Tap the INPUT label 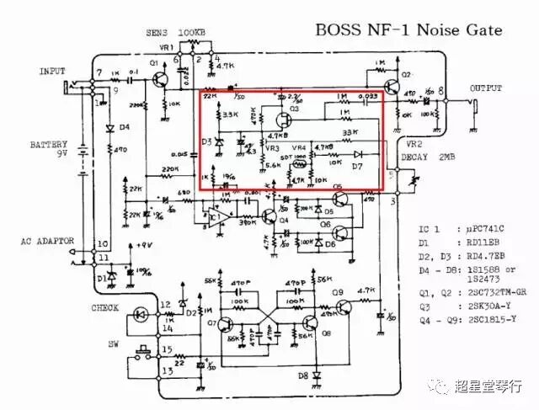(x=52, y=72)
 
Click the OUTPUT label (x=486, y=88)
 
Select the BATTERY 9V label (x=49, y=149)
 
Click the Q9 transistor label (x=337, y=292)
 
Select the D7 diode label (x=356, y=167)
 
